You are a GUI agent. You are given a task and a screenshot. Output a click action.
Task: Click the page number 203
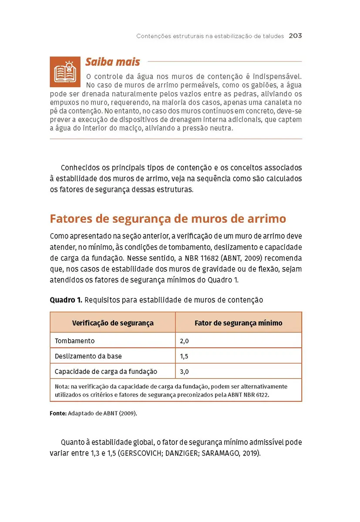click(x=295, y=36)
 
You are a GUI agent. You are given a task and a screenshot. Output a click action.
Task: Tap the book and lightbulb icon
click(x=65, y=71)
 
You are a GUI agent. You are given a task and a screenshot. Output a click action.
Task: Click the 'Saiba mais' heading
click(x=112, y=62)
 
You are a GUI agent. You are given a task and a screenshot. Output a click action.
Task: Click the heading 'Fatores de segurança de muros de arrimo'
click(x=168, y=218)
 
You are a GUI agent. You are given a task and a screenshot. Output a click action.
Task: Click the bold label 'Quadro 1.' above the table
click(x=66, y=300)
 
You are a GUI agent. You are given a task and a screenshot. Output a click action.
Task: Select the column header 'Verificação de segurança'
click(x=112, y=323)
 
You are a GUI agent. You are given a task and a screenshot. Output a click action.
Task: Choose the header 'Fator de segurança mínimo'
click(x=238, y=323)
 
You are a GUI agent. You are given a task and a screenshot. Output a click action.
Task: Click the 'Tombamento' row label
click(x=74, y=341)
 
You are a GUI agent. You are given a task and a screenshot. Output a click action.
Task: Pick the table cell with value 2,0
click(x=185, y=341)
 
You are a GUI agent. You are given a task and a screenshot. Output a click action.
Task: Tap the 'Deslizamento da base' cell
click(x=88, y=356)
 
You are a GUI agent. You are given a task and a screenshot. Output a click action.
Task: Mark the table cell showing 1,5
click(x=184, y=356)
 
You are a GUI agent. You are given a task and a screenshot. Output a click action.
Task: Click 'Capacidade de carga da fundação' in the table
click(x=106, y=371)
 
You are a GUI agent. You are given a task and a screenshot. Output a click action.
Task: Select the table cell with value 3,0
click(x=185, y=371)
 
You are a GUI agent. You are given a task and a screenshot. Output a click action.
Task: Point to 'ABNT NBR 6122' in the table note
click(x=253, y=395)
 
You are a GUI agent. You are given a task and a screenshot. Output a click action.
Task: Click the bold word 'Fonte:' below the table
click(x=58, y=413)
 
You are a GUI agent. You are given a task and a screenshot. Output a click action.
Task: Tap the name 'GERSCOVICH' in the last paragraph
click(x=139, y=453)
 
